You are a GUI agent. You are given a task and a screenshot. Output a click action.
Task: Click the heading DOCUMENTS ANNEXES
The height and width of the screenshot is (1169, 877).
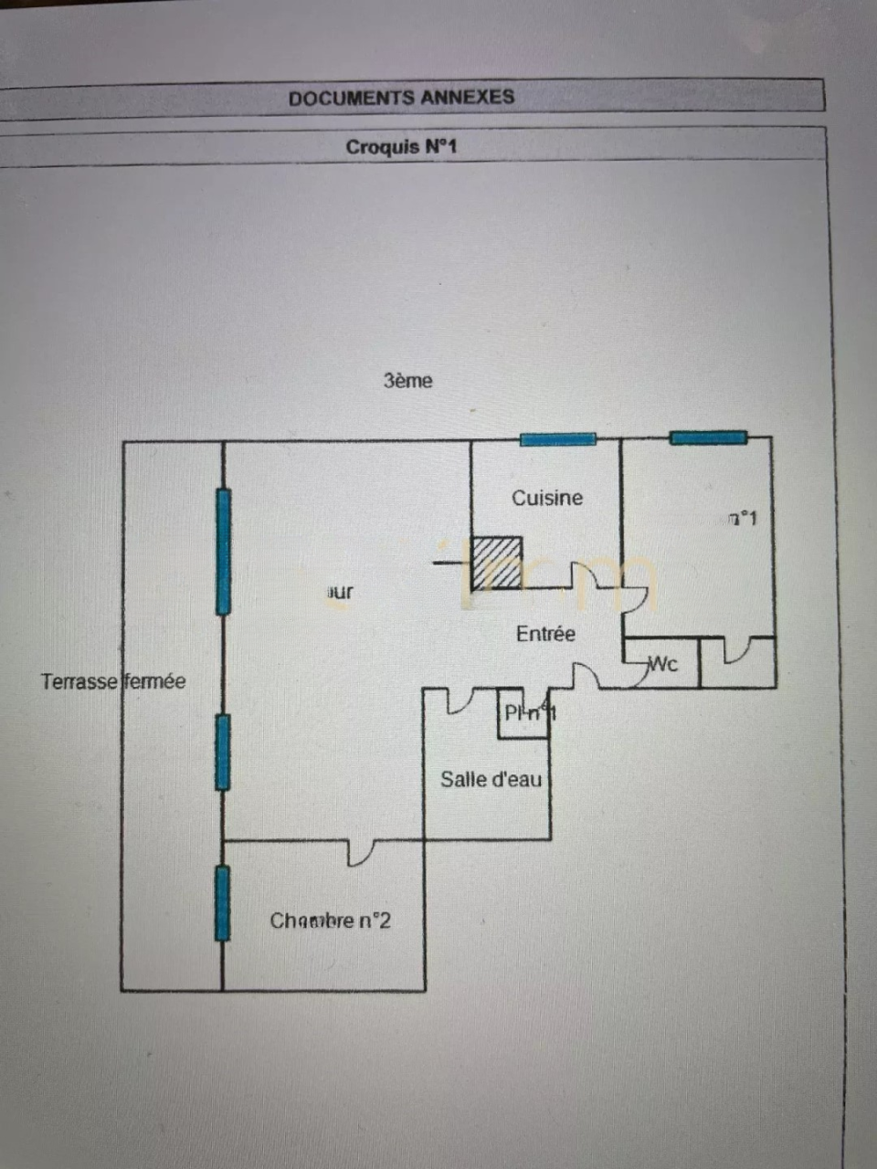pos(401,98)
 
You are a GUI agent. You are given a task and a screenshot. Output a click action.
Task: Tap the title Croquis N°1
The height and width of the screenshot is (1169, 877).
pos(401,147)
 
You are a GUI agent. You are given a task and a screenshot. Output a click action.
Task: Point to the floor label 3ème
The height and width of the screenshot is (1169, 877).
pos(407,381)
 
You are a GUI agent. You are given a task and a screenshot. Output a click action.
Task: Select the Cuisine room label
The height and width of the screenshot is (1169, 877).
pos(546,498)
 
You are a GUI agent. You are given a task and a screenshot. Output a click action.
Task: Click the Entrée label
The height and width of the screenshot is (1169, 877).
pos(545,634)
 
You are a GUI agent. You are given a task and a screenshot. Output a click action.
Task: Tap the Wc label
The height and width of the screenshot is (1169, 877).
pos(662,664)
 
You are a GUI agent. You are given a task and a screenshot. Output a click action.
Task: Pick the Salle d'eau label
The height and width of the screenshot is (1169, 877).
pos(491,779)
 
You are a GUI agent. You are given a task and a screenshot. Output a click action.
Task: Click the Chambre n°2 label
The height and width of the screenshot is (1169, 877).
pos(330,921)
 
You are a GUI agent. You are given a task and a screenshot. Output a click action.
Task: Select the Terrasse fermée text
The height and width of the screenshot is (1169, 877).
pos(113,681)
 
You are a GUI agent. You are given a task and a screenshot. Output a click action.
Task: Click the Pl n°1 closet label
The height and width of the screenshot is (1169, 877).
pos(529,713)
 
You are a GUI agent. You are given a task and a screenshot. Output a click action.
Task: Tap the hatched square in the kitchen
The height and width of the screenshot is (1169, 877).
pos(496,563)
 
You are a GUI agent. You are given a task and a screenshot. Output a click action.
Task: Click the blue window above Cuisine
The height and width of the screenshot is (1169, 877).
pos(557,439)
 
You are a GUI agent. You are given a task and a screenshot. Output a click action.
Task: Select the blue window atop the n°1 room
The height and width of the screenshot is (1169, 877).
pos(708,438)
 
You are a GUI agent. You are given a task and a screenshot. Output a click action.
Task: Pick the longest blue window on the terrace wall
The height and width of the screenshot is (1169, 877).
pos(223,552)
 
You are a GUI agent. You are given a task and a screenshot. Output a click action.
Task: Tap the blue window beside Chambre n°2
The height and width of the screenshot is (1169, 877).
pos(222,903)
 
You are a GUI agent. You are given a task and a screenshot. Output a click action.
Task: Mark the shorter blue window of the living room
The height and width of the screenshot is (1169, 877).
pos(222,753)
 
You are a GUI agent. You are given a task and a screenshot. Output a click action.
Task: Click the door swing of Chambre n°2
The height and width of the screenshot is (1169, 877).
pos(362,853)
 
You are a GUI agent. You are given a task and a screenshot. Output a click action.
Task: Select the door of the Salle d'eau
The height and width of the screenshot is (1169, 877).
pos(460,701)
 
